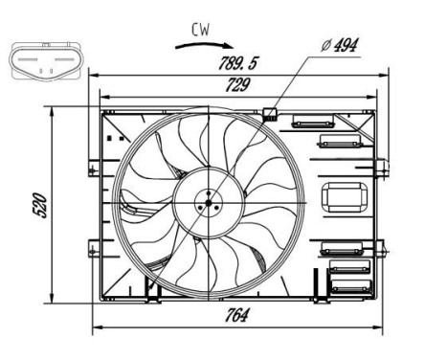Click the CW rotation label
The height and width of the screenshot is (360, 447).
click(199, 30)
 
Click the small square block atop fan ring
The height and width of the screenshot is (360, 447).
click(270, 114)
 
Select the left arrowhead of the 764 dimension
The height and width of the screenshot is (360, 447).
click(95, 328)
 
